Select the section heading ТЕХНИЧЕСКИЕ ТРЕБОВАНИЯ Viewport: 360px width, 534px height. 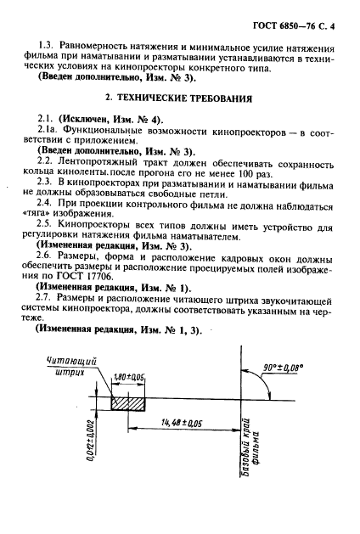coord(196,100)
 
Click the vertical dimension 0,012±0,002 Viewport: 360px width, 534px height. coord(88,447)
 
